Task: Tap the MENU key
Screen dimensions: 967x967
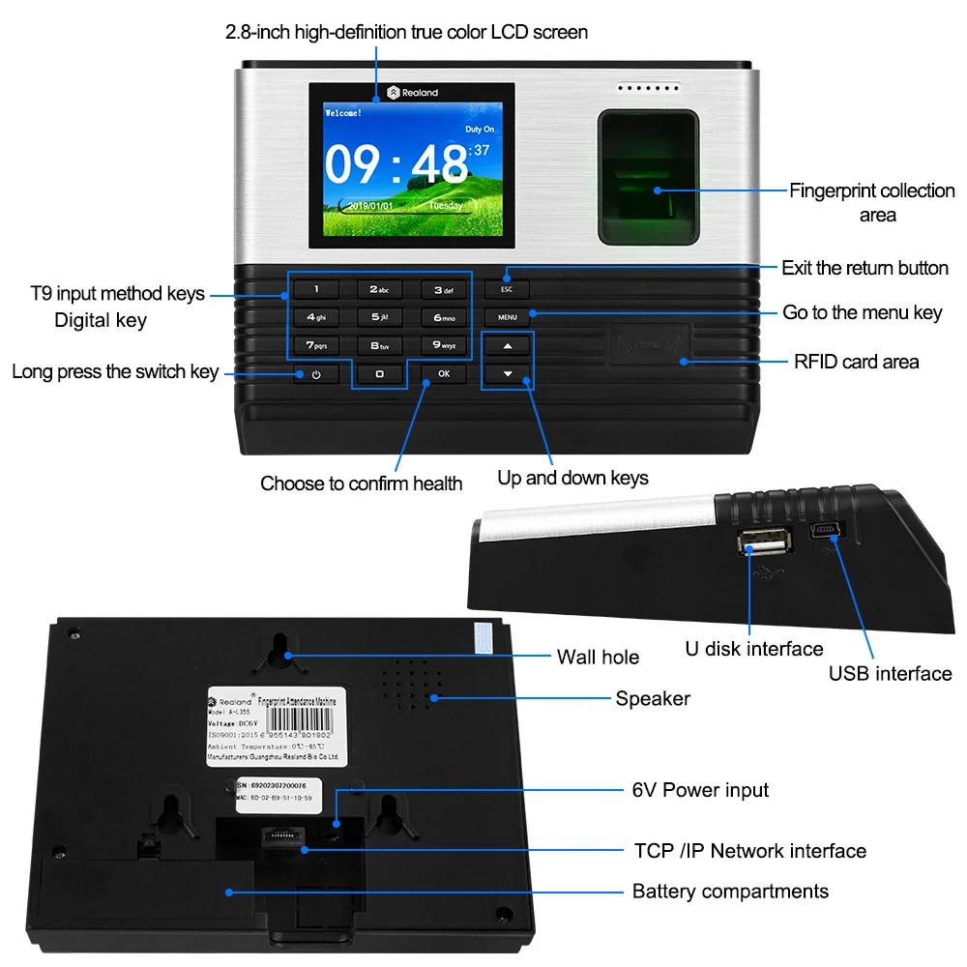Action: [508, 316]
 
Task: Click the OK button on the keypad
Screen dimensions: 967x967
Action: [443, 373]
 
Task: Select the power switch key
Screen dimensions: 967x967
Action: [316, 374]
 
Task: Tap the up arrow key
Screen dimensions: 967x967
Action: [507, 345]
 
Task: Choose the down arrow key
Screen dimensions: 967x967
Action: [507, 373]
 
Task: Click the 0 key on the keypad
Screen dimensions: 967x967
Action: [379, 373]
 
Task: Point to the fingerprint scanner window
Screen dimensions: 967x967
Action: [647, 178]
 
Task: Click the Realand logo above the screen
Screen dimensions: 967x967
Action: [413, 93]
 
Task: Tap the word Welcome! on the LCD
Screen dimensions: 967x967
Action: [343, 113]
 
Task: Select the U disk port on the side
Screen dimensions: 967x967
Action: [766, 543]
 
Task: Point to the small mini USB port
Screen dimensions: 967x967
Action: [827, 531]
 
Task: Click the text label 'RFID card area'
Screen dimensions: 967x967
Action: [856, 363]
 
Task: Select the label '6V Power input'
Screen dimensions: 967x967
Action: [700, 790]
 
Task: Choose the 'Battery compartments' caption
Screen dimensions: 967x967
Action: [730, 892]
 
